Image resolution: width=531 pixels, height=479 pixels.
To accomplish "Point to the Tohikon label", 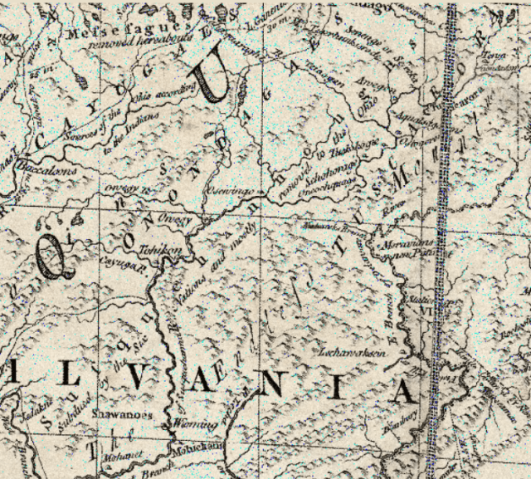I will (176, 248).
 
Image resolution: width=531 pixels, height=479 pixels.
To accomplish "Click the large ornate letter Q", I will (51, 254).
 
